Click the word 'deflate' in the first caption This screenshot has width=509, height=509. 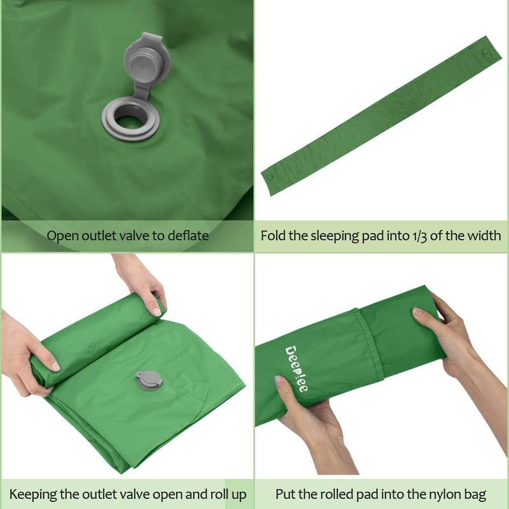(188, 235)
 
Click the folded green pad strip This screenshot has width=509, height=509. (381, 116)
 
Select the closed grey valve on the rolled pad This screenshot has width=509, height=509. (149, 380)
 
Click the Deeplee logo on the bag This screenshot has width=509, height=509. (296, 369)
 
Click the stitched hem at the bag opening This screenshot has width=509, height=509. (369, 344)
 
